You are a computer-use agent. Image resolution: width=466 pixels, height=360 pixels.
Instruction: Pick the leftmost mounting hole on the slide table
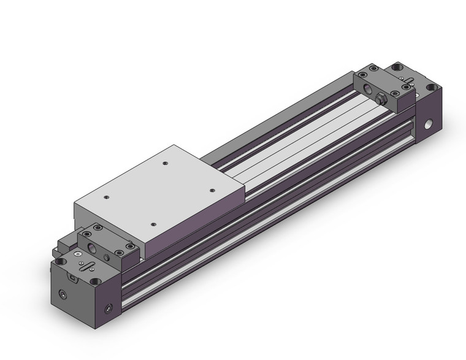click(x=107, y=197)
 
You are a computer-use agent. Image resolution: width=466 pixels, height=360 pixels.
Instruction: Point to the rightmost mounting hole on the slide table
click(x=211, y=190)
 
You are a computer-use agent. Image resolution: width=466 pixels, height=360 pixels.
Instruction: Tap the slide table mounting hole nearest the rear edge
click(x=166, y=163)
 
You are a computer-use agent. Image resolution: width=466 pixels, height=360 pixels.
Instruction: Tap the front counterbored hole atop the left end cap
click(x=94, y=281)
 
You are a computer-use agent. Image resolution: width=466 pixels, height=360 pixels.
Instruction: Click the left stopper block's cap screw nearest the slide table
click(x=130, y=245)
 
